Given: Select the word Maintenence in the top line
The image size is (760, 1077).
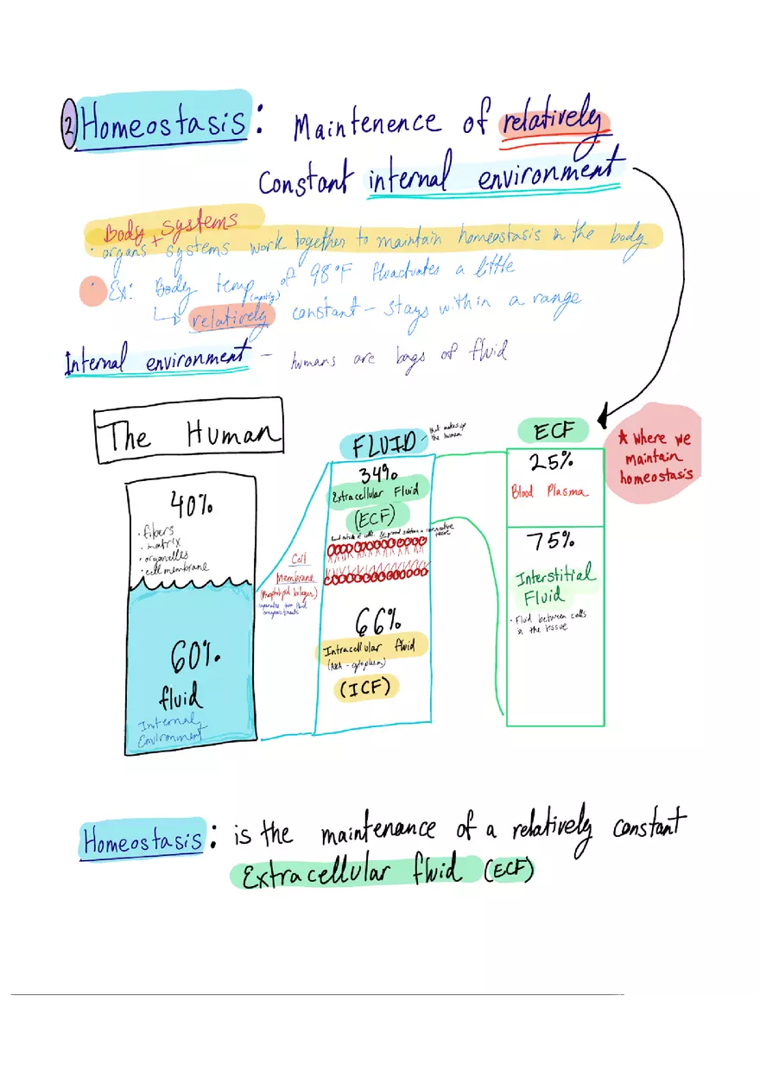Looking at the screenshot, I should pos(366,124).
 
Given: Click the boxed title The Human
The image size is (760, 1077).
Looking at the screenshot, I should pos(188,435).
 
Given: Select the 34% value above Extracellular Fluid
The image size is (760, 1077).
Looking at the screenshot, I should pos(377,474).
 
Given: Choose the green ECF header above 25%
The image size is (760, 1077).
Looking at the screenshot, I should pos(553,430).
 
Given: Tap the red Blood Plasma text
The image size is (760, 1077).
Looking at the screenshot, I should pos(549,492).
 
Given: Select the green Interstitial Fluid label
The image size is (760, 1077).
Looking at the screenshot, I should pos(554,585).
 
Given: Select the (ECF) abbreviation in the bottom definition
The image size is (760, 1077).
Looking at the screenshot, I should pos(509,872).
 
